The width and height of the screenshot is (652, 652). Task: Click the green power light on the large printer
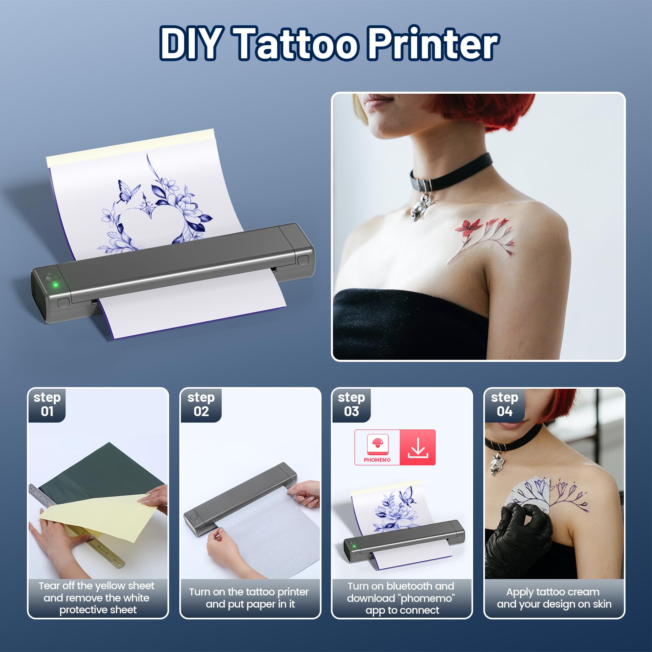point(55,284)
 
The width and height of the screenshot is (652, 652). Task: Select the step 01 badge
point(47,404)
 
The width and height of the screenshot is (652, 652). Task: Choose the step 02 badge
point(201,404)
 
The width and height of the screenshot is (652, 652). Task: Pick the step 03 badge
point(351,404)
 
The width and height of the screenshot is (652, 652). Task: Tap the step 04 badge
point(504,404)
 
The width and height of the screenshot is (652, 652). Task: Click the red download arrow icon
point(418,447)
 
